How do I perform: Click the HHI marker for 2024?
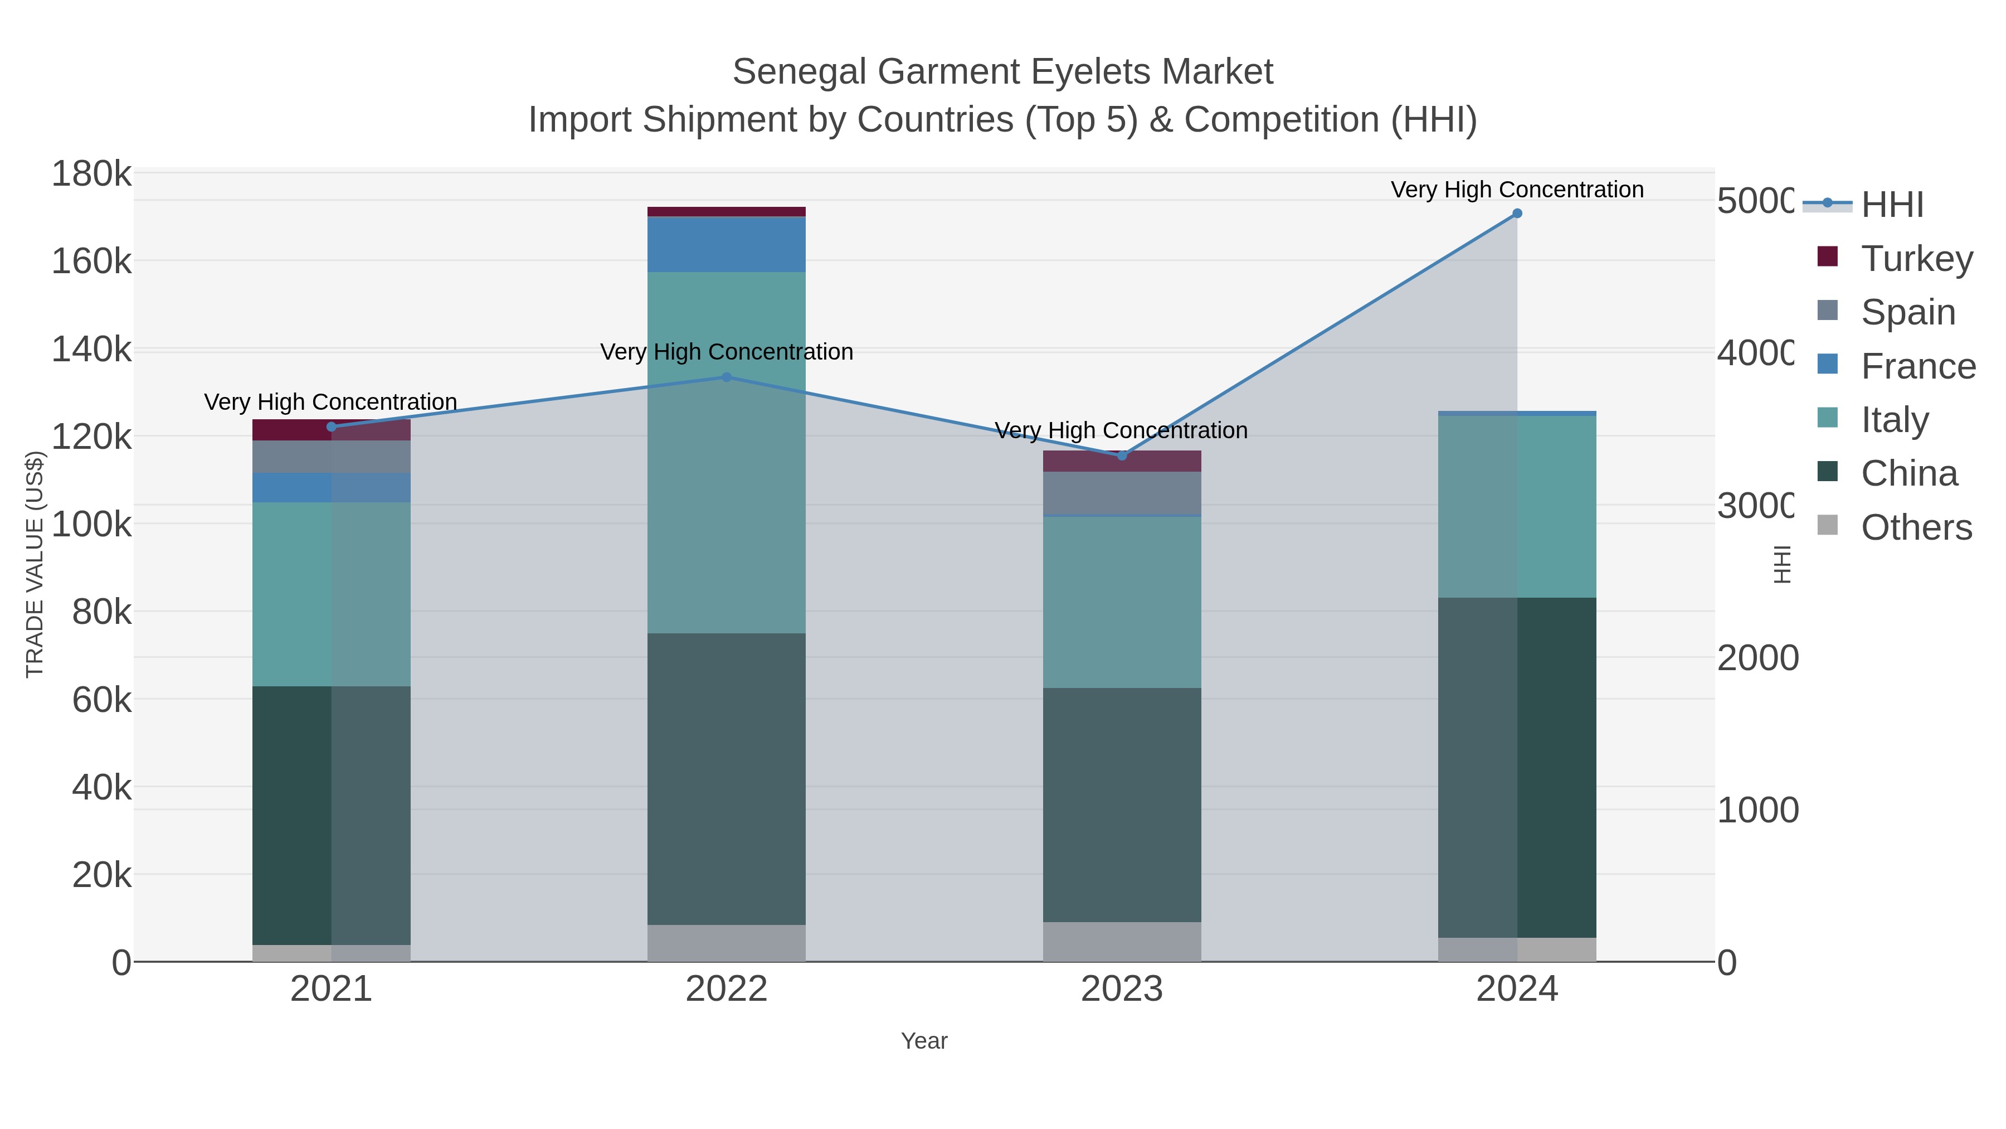[x=1516, y=214]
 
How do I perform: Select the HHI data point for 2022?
[x=727, y=377]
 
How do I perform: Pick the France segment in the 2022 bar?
[x=727, y=245]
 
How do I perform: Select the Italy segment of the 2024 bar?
[x=1516, y=506]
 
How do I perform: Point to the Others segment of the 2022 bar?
[x=727, y=943]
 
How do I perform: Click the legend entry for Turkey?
[x=1916, y=259]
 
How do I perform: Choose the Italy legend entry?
[x=1895, y=420]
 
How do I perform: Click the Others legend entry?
[x=1916, y=527]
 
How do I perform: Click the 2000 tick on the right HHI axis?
[x=1757, y=658]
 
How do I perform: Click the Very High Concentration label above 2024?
[x=1516, y=190]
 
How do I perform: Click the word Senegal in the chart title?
[x=800, y=72]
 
